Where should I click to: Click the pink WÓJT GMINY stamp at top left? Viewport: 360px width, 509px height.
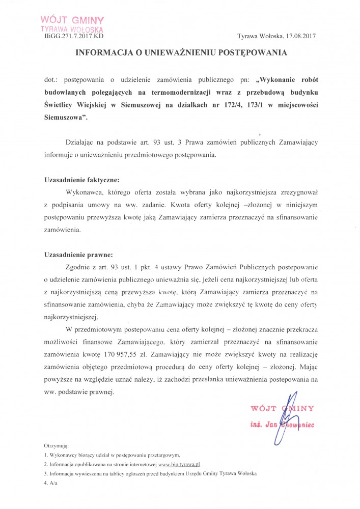coord(75,24)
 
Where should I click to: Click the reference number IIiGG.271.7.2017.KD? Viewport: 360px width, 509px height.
coord(74,37)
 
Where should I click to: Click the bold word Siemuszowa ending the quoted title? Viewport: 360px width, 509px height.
coord(65,117)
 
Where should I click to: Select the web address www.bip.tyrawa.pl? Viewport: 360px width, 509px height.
coord(179,465)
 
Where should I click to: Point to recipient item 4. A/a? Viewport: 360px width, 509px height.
coord(51,483)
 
